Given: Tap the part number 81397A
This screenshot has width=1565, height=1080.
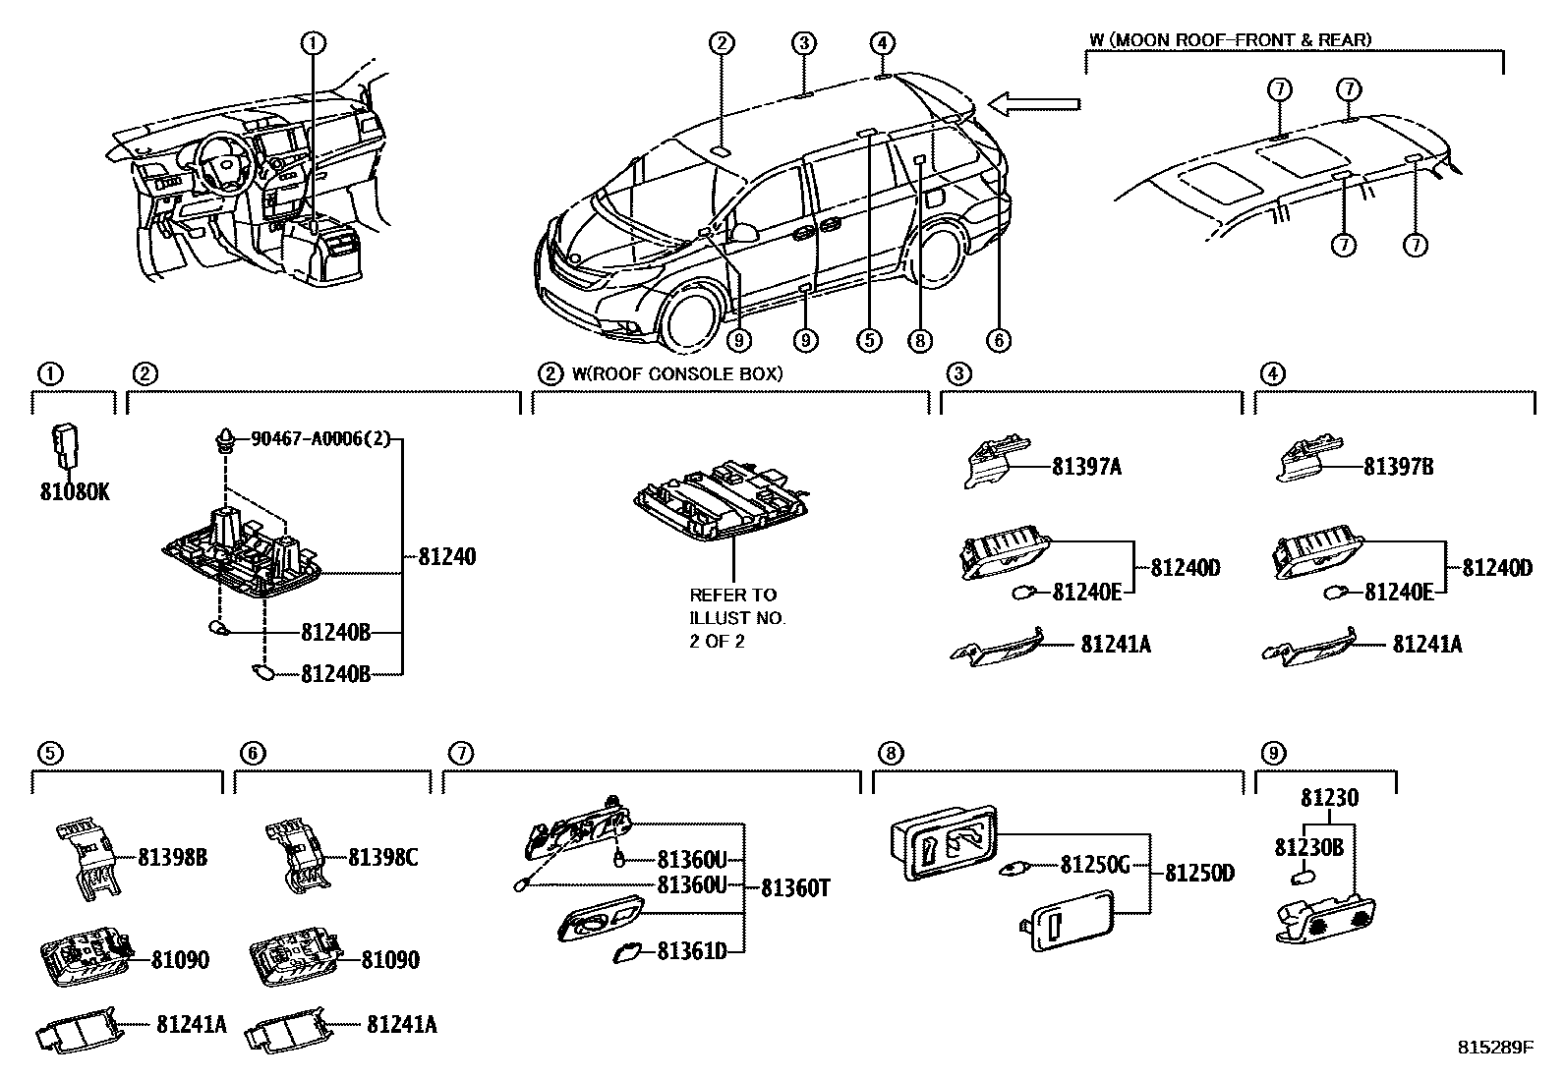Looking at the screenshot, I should [x=1085, y=467].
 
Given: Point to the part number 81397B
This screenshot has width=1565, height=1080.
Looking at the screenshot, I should [x=1397, y=467].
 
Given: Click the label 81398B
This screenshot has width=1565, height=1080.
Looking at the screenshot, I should [x=172, y=858].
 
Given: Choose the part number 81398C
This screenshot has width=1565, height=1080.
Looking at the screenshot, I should [x=382, y=858].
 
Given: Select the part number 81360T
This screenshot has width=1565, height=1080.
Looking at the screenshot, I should [x=795, y=888].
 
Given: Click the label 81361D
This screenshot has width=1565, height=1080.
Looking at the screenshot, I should [x=691, y=951].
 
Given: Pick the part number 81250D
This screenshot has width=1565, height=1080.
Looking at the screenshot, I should [x=1200, y=873].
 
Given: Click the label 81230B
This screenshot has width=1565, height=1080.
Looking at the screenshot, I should [x=1308, y=847].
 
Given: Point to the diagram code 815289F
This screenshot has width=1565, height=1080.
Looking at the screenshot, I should [x=1494, y=1048].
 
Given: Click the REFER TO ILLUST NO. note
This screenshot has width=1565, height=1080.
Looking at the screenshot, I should [x=737, y=618].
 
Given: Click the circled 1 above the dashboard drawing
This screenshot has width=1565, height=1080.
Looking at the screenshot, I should [x=314, y=42].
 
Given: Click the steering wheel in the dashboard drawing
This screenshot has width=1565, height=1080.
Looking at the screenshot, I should [x=221, y=162].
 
